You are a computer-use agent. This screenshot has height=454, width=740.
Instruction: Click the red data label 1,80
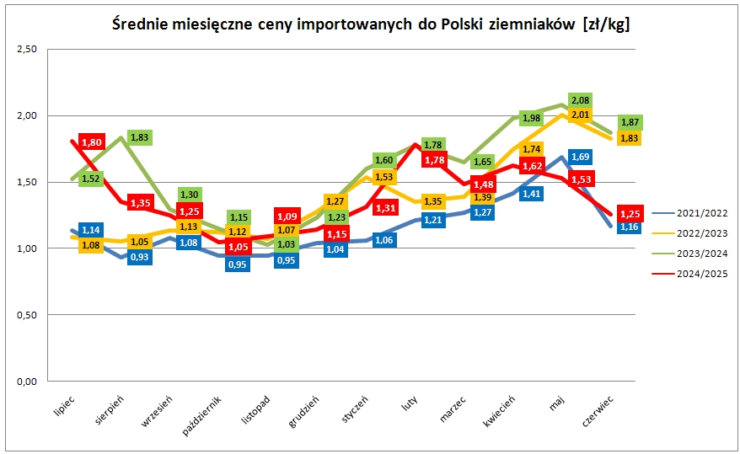pos(91,142)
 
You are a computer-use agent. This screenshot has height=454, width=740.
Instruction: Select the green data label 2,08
pos(580,101)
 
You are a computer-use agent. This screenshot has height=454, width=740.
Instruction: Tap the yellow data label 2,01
pos(580,115)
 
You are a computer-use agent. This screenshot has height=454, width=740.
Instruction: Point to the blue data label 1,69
pos(580,156)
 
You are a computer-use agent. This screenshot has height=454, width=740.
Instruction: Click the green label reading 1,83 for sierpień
pos(140,137)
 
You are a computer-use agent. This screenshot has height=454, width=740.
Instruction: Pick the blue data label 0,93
pos(140,257)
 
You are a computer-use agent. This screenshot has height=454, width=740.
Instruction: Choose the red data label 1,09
pos(288,216)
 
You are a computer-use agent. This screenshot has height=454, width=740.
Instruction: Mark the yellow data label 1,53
pos(383,177)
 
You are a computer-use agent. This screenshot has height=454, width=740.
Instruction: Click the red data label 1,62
pos(531,167)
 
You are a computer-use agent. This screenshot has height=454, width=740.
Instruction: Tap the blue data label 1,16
pos(629,227)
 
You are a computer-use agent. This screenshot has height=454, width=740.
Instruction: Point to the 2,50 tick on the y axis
pos(27,50)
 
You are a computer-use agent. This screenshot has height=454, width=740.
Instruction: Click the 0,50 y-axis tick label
pos(27,315)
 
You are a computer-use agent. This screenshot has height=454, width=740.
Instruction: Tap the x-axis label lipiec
pos(63,403)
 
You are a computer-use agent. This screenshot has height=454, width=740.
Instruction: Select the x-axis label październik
pos(203,413)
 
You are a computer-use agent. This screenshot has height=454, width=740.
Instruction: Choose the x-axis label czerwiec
pos(598,410)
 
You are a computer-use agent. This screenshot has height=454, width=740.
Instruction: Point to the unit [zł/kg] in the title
pos(604,24)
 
